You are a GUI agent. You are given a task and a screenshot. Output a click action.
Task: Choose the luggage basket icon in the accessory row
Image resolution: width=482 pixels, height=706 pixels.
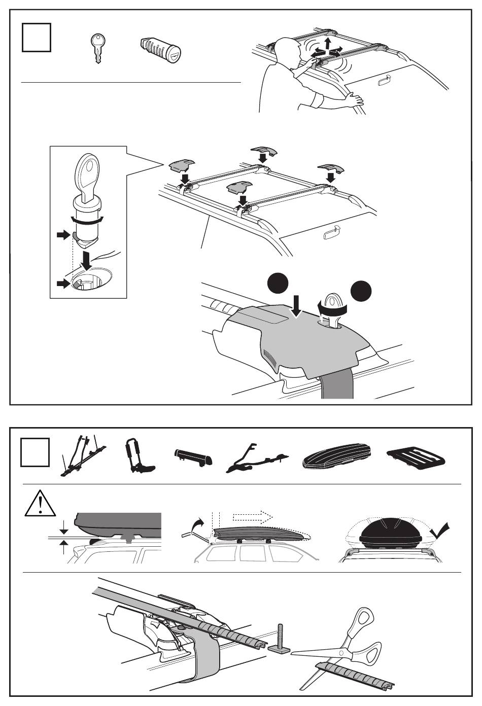tap(416, 457)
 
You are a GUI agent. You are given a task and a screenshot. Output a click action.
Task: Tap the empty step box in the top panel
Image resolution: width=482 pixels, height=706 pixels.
tap(37, 38)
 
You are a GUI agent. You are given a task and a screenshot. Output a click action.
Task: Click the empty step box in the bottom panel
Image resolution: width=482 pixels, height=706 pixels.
tap(36, 452)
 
